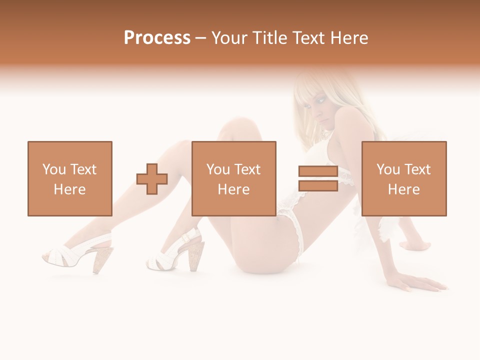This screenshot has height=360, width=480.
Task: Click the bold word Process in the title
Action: coord(157,38)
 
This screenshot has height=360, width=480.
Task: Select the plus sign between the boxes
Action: coord(152,179)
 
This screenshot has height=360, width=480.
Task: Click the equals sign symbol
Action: coord(318,178)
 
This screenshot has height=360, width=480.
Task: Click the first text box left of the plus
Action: coord(70,178)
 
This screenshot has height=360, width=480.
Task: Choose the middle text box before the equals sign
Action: coord(233,178)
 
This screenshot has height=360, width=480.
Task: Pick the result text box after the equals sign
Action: coord(403,178)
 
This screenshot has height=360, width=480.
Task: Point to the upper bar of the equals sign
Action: coord(318,171)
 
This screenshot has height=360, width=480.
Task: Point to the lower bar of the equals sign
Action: coord(318,185)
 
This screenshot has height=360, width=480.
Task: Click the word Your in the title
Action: coord(228,38)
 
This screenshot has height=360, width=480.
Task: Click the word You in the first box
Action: coord(53,169)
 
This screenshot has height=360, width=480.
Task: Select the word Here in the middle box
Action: coord(233,189)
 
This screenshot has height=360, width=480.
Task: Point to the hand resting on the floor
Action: coord(422,283)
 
